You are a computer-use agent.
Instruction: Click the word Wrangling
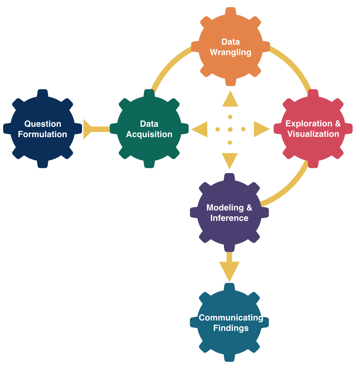coord(231,52)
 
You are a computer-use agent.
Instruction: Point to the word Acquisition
coord(149,134)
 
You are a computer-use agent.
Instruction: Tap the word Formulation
coord(43,134)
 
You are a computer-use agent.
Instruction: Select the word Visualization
coord(313,134)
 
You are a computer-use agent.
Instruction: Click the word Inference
coord(229,218)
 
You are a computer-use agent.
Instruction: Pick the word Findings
coord(231,328)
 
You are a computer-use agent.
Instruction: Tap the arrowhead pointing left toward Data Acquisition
coord(200,129)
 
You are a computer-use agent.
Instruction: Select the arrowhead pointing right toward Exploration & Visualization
coord(261,129)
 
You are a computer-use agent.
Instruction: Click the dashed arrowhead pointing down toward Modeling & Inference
coord(230,160)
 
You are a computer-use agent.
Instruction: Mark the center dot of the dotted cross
coord(230,129)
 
